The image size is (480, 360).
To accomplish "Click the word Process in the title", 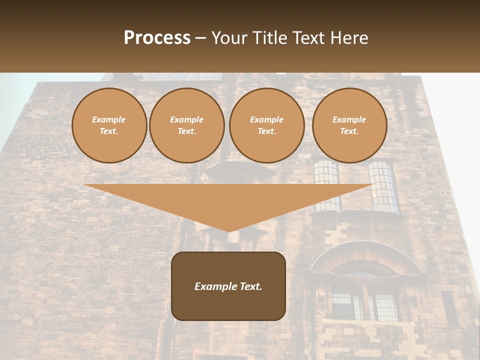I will coord(157,38).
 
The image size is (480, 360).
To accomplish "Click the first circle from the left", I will coord(109,125).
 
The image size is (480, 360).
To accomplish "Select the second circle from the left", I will coord(187,125).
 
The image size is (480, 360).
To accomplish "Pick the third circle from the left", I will coord(267,125).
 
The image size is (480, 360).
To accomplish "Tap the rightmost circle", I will coord(349,125).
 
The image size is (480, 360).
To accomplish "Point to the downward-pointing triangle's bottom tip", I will coord(228,231).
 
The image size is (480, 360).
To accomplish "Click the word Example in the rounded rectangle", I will coord(215,286).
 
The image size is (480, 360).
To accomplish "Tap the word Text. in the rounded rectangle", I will coord(250,286).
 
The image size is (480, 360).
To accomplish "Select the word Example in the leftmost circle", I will coord(109,120).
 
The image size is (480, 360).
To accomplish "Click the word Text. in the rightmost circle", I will coord(349,131).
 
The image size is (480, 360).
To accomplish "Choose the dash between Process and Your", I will coord(201,38).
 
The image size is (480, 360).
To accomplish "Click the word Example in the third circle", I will coord(267,120).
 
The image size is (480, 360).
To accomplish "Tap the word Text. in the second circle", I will coord(187,131).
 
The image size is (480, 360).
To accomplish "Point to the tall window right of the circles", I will coord(383,186).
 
